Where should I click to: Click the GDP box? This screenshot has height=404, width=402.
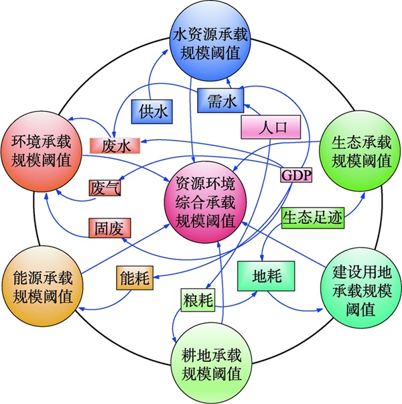pos(295,176)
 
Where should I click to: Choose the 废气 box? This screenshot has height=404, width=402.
pos(109,188)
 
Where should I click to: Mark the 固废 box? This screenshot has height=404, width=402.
pos(111,227)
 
